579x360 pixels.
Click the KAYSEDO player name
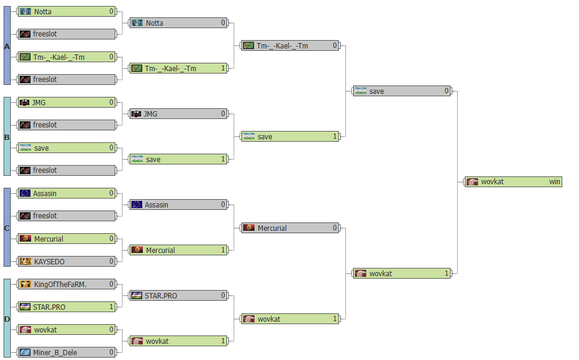pyautogui.click(x=49, y=262)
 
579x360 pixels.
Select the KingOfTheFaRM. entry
pyautogui.click(x=66, y=284)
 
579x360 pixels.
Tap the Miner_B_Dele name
pyautogui.click(x=55, y=353)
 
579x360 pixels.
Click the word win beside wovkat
pyautogui.click(x=555, y=181)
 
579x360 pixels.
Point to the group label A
pyautogui.click(x=7, y=47)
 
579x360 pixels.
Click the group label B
pyautogui.click(x=7, y=137)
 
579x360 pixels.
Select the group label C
pyautogui.click(x=7, y=228)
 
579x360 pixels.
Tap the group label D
pyautogui.click(x=7, y=319)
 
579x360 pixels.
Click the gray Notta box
pyautogui.click(x=178, y=23)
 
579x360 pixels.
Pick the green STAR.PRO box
pyautogui.click(x=66, y=307)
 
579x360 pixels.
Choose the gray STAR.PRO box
pyautogui.click(x=178, y=295)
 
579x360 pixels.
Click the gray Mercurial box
pyautogui.click(x=290, y=228)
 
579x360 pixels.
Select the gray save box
pyautogui.click(x=402, y=91)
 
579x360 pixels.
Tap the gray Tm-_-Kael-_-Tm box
pyautogui.click(x=290, y=46)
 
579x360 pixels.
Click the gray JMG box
pyautogui.click(x=178, y=114)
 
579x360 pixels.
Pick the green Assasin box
pyautogui.click(x=66, y=193)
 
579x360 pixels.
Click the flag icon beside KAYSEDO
pyautogui.click(x=25, y=262)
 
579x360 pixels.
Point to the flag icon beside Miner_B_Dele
pyautogui.click(x=25, y=353)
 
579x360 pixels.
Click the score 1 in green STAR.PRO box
pyautogui.click(x=111, y=307)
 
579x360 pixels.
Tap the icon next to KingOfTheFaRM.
pyautogui.click(x=25, y=284)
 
